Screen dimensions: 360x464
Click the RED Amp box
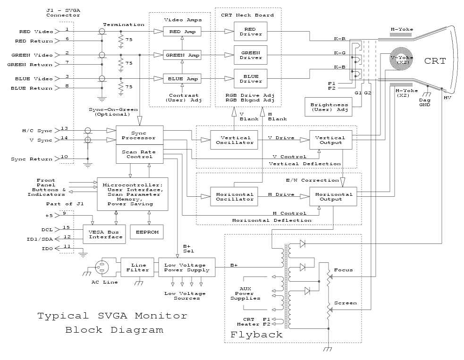(x=182, y=32)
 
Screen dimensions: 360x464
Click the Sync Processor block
(x=139, y=135)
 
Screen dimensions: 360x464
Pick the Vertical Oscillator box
(x=235, y=140)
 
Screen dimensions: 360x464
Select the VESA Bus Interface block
(x=104, y=234)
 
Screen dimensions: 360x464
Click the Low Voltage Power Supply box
(x=186, y=267)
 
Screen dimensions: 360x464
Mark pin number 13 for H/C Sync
(x=64, y=128)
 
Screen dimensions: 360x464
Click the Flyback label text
(x=256, y=335)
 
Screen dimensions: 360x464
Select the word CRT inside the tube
(x=434, y=61)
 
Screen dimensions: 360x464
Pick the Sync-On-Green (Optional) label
(x=109, y=111)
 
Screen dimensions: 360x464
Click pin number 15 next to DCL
(x=64, y=227)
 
